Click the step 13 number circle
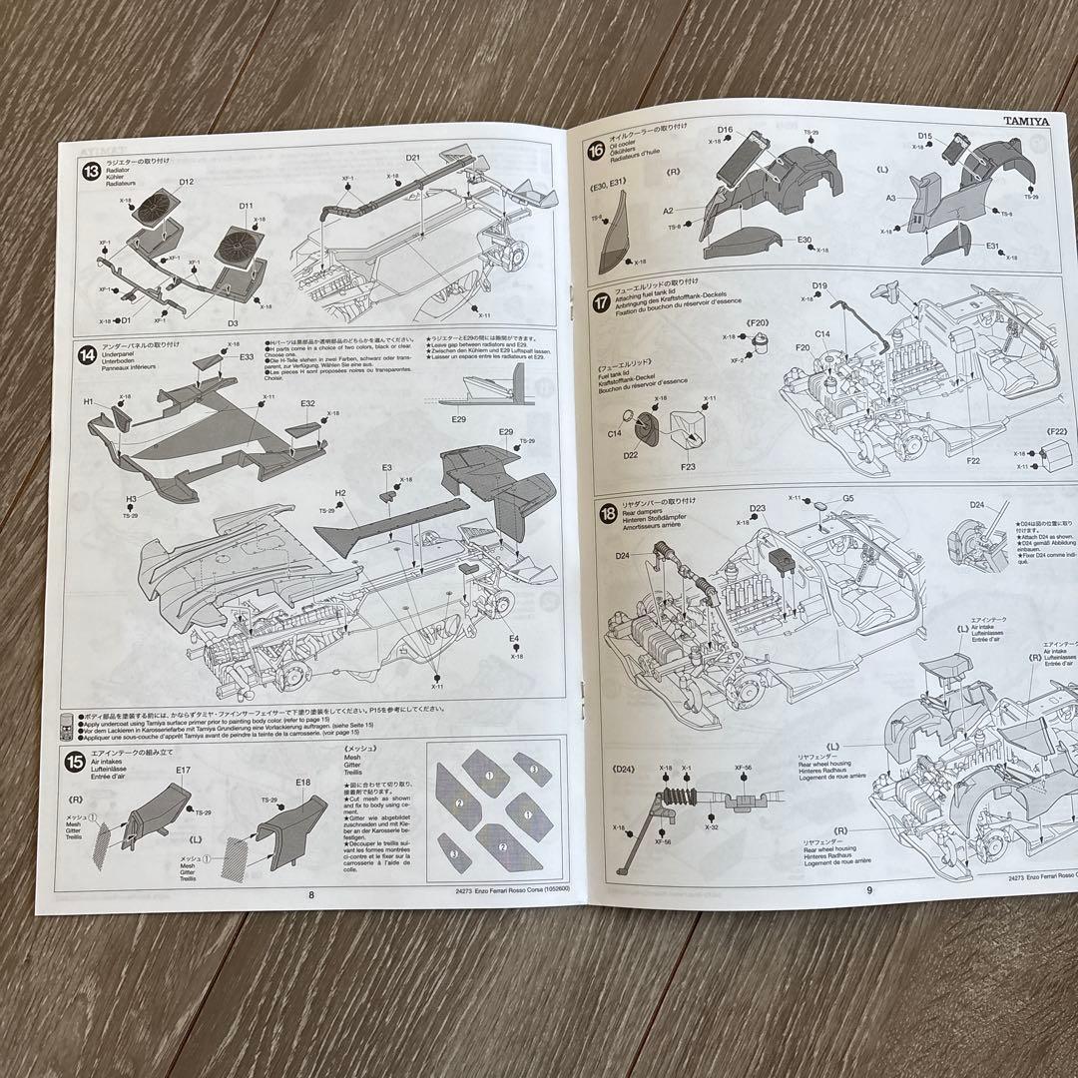[x=91, y=170]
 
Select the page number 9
[x=868, y=890]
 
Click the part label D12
[x=187, y=182]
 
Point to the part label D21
[x=413, y=159]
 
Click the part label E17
[x=183, y=770]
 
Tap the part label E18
[x=303, y=783]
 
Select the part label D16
[x=725, y=130]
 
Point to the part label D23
[x=758, y=508]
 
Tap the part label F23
[x=688, y=465]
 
